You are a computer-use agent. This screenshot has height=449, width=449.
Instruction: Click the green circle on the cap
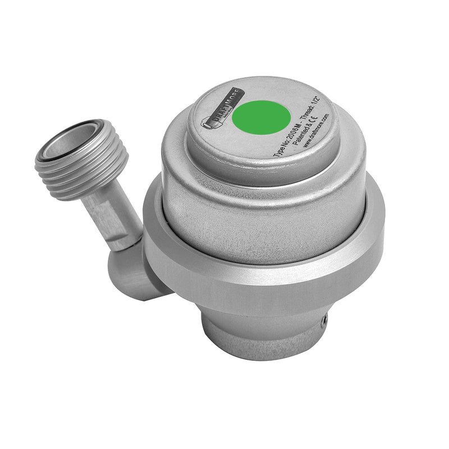(261, 118)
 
